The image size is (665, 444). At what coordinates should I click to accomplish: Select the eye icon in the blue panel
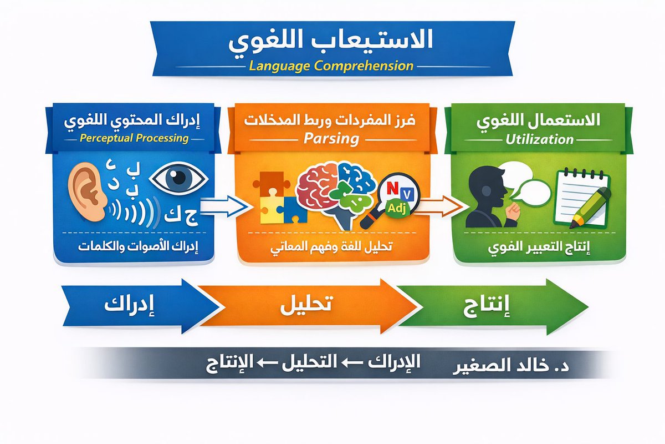click(x=178, y=179)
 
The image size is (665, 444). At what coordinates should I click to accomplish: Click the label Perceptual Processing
click(x=134, y=138)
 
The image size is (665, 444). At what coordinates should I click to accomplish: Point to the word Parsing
click(x=331, y=138)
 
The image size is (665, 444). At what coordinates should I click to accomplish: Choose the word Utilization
click(x=539, y=138)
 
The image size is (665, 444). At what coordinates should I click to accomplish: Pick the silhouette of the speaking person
click(x=488, y=197)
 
